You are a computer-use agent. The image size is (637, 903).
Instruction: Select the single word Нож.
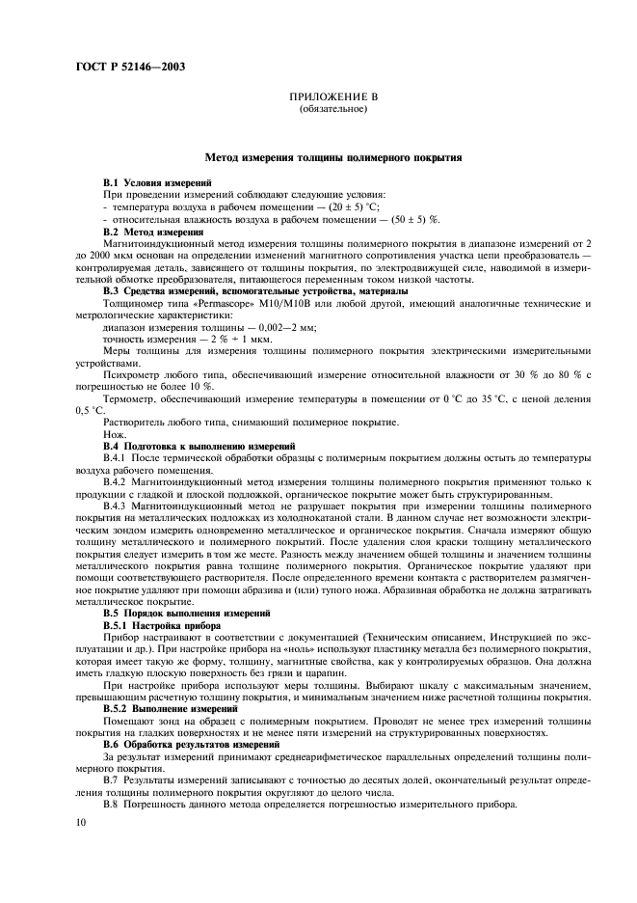[x=114, y=435]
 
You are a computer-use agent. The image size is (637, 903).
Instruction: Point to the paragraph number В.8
[x=112, y=804]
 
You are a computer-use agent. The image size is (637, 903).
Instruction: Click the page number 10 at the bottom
[x=83, y=823]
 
